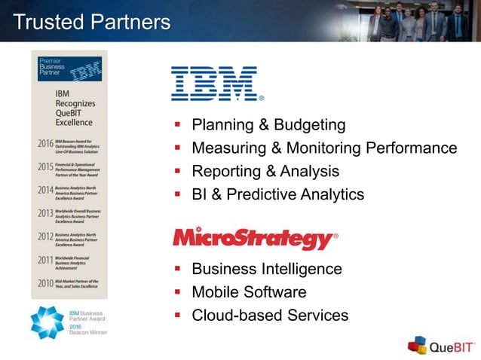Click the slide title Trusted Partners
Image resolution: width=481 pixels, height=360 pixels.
[x=92, y=22]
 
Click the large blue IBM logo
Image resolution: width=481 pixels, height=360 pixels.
[x=216, y=84]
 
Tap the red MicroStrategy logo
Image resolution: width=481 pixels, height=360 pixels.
[x=254, y=239]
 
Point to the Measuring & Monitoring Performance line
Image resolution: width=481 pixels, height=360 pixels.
[x=324, y=148]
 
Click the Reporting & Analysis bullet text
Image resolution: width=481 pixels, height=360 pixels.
[x=265, y=171]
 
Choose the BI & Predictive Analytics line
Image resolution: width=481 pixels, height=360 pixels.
[x=277, y=194]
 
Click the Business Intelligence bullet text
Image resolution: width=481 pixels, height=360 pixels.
[x=267, y=269]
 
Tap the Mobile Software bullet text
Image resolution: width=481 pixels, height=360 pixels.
[x=249, y=292]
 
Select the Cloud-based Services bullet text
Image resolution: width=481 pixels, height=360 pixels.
[x=270, y=316]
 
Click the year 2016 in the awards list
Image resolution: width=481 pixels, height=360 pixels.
[x=45, y=143]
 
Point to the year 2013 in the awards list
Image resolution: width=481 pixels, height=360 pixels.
[x=45, y=213]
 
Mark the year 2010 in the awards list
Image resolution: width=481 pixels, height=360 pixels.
[x=45, y=284]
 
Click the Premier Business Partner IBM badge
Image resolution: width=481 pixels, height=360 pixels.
[x=69, y=69]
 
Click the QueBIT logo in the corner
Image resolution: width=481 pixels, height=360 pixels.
[x=442, y=346]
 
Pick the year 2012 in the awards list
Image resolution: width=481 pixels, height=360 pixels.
[x=45, y=236]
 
